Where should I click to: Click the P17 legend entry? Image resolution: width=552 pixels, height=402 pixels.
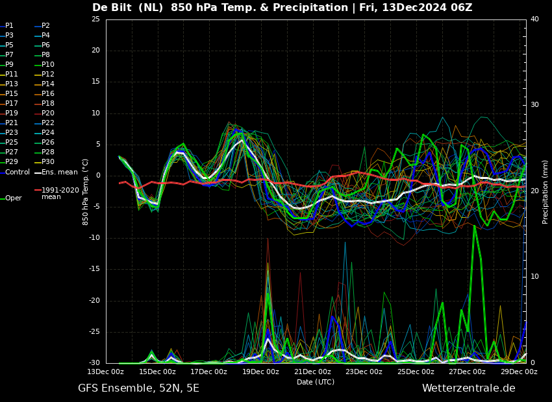pos(9,103)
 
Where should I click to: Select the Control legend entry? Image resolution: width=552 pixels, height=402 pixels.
pos(15,172)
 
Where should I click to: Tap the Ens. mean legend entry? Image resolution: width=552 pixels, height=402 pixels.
pos(56,172)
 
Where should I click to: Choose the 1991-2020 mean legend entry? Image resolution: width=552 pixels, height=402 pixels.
pos(56,193)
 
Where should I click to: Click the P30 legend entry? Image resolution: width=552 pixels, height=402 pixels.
pos(45,161)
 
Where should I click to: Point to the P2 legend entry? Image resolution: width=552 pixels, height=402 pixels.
pos(42,26)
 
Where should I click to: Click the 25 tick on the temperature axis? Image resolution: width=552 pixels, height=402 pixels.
pos(95,19)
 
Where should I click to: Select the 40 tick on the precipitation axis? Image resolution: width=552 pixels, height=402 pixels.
pos(534,19)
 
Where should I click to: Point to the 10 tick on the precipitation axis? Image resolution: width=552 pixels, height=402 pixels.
pos(534,277)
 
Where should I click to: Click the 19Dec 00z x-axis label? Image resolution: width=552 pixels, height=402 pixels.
pos(261,372)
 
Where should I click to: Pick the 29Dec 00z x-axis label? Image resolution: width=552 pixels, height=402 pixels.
pos(520,372)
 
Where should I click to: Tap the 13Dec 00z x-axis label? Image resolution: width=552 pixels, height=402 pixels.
pos(106,372)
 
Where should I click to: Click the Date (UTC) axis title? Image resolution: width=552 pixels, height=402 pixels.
pos(316,382)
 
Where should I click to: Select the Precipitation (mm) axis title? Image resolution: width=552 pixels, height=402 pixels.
pos(546,191)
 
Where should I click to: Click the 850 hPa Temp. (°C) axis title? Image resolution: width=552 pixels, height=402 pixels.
pos(86,192)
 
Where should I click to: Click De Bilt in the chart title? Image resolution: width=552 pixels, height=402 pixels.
pos(112,7)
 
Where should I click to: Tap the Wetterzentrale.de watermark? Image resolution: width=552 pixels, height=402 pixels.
pos(469,388)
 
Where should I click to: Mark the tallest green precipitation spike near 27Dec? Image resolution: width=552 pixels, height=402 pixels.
pos(474,226)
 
